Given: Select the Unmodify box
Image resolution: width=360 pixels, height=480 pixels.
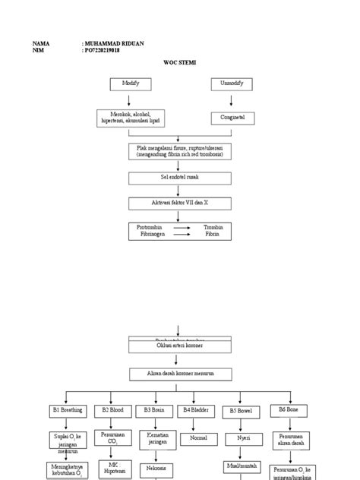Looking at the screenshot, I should (231, 84).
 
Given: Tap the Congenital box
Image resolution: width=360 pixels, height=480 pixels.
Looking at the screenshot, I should (232, 118).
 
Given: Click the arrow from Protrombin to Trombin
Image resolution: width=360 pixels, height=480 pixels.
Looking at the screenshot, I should (182, 227).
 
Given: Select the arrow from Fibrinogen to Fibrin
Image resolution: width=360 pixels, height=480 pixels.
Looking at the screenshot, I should (182, 235).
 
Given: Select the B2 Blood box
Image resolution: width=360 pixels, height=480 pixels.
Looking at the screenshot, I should (112, 410).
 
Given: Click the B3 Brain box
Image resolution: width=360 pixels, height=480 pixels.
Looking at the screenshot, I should (154, 410).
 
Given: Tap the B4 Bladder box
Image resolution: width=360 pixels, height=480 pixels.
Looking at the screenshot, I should (197, 410).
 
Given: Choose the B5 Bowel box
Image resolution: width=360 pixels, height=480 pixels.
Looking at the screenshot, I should (241, 411).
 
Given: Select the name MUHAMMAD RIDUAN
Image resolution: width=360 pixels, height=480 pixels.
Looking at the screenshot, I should (117, 44).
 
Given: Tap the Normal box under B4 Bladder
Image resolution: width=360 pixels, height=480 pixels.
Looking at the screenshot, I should (197, 438).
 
